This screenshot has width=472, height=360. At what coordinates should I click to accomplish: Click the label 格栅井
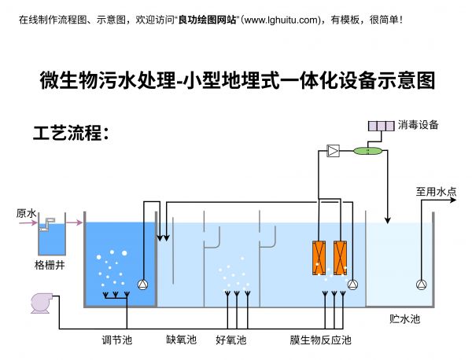(50, 265)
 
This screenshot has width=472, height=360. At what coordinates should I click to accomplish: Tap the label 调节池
(116, 340)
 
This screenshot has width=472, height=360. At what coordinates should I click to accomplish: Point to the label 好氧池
(230, 340)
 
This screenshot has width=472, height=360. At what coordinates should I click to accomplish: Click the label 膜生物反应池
(320, 340)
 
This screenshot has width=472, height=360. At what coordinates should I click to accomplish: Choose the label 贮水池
(404, 319)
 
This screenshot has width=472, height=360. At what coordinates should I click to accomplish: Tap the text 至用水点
(436, 191)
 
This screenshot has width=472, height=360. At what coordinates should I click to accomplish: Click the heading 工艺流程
(70, 133)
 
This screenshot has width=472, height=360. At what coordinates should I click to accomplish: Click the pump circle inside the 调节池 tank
(143, 285)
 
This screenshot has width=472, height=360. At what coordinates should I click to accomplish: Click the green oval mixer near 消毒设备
(367, 150)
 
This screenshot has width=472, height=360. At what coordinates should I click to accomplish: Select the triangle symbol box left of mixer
(334, 150)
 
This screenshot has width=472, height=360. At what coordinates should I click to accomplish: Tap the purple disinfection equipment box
(382, 126)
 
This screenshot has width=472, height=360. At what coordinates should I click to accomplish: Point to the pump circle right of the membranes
(352, 285)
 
